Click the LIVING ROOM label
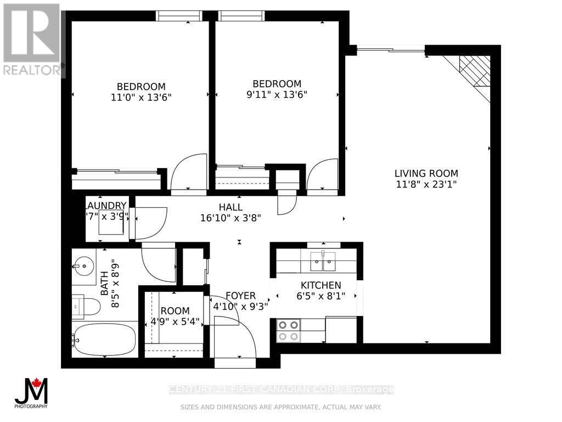click(x=426, y=174)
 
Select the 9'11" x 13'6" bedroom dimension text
click(x=277, y=94)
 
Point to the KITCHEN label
click(x=321, y=285)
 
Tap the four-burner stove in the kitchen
click(x=289, y=330)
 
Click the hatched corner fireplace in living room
click(x=475, y=71)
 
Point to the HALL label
click(x=231, y=207)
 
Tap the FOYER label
click(x=240, y=296)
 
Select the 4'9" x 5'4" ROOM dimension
click(x=175, y=321)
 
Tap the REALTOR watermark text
click(x=32, y=70)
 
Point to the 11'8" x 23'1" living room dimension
click(x=426, y=185)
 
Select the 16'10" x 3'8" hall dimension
click(x=231, y=218)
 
